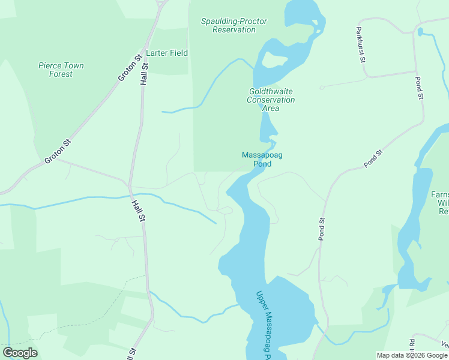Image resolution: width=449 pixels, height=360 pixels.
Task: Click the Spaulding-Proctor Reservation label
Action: (x=234, y=25)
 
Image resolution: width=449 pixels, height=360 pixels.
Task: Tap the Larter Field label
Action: (x=167, y=53)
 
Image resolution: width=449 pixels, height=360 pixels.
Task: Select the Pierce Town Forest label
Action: (x=61, y=70)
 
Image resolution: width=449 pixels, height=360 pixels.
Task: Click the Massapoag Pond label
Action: (x=262, y=159)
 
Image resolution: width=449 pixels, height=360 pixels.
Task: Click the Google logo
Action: (x=20, y=353)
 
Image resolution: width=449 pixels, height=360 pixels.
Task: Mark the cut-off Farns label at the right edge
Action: (x=439, y=203)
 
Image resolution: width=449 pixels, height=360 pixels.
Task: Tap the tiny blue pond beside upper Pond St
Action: (x=420, y=31)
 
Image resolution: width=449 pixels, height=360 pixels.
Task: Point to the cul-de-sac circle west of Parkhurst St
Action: (x=322, y=88)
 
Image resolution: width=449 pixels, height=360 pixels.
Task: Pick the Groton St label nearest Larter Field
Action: (x=130, y=67)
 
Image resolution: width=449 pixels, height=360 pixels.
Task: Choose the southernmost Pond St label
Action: (x=321, y=229)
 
